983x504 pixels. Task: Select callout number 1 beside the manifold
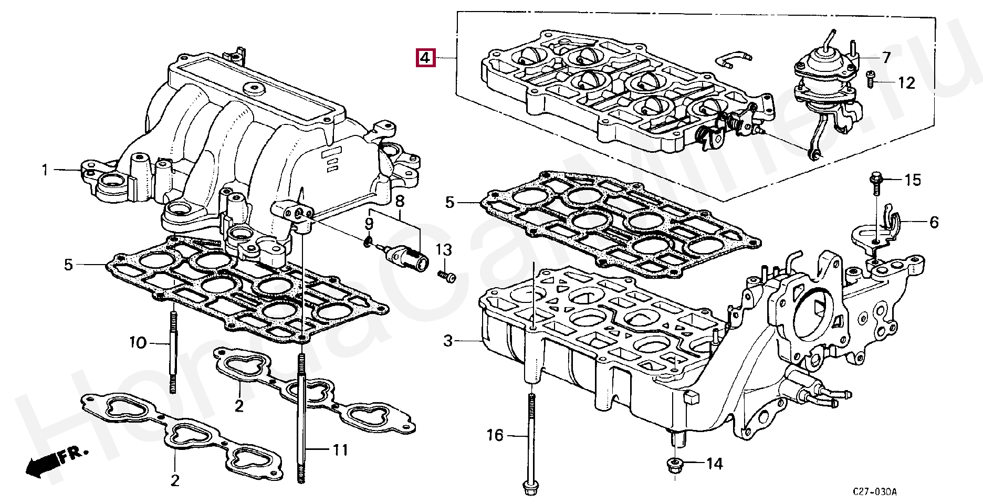point(45,170)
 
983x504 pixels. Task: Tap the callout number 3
point(447,341)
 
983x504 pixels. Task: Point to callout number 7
point(886,58)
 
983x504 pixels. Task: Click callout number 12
point(906,82)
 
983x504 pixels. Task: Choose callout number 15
point(912,181)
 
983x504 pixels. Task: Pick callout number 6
point(934,223)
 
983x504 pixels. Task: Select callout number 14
point(714,464)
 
